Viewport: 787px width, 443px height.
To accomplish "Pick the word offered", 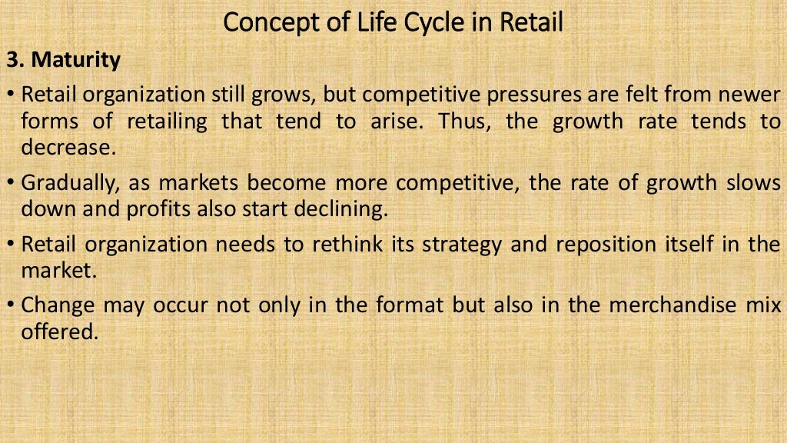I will (60, 331).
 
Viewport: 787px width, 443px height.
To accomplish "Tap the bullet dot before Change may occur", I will (11, 306).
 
